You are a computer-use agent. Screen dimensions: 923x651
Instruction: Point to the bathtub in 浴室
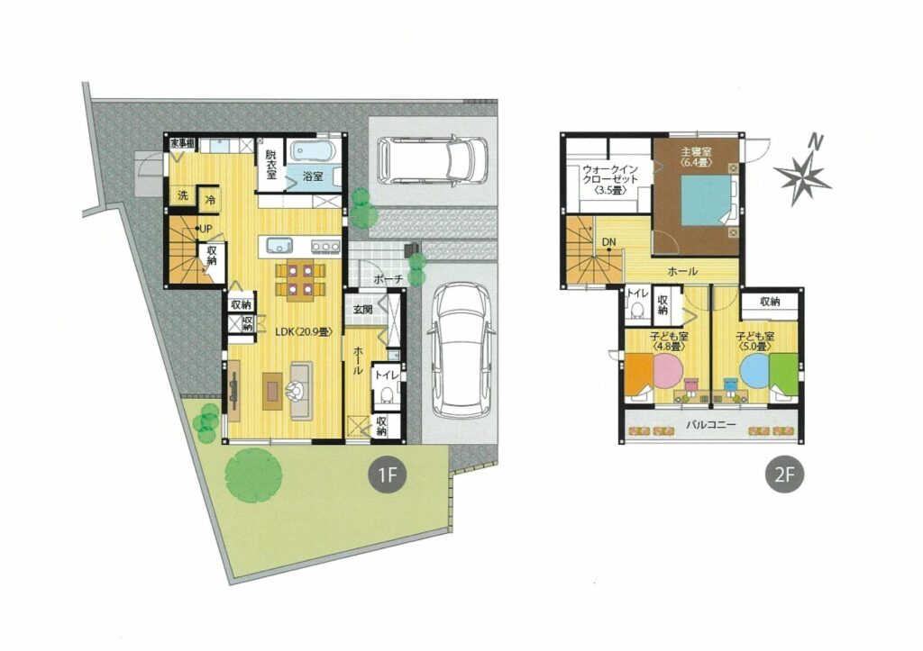(313, 151)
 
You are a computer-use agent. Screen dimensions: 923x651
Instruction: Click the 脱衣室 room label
(270, 165)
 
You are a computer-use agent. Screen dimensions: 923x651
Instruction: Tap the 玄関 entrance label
(362, 310)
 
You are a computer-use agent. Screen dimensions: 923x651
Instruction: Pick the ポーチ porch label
(388, 279)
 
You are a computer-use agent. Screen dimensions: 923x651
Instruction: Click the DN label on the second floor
(608, 241)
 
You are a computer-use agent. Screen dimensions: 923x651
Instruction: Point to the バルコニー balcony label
(710, 424)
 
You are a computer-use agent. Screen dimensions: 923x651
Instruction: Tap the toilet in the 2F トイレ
(635, 310)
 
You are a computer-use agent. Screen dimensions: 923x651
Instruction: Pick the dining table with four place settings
(300, 281)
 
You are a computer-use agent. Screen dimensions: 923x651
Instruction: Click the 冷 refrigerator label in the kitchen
(210, 200)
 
